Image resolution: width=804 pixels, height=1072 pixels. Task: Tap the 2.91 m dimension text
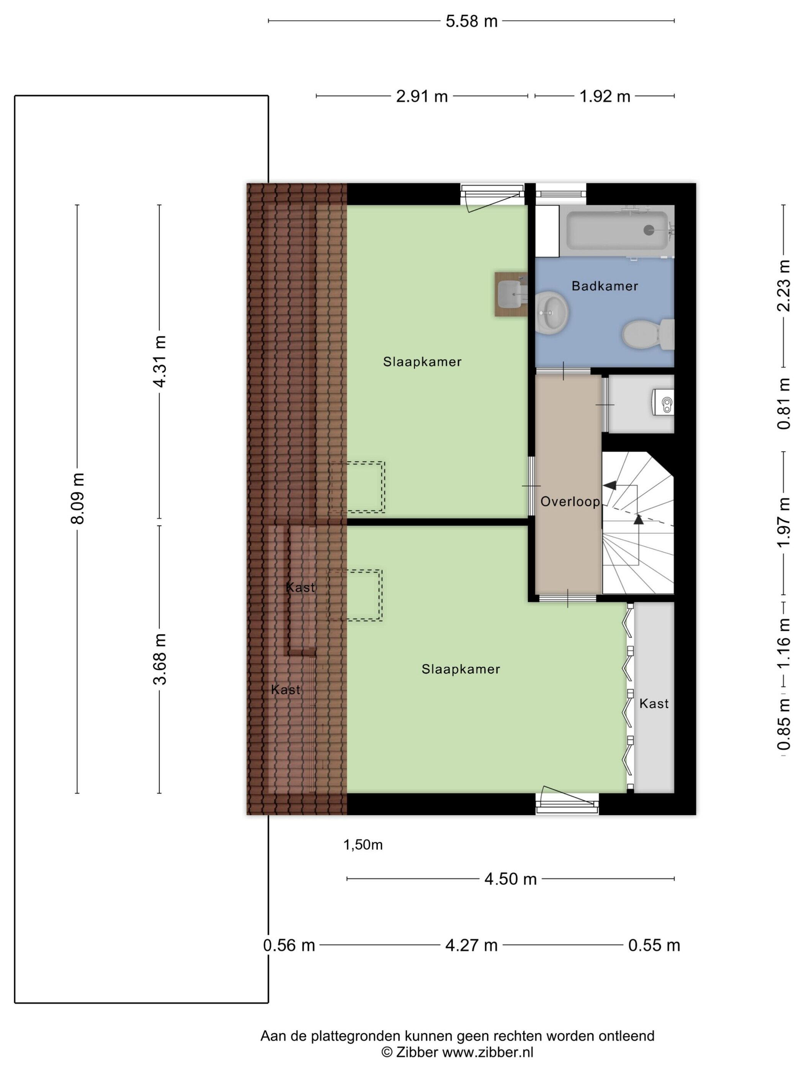coord(422,96)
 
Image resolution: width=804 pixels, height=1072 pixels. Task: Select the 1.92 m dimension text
coord(605,96)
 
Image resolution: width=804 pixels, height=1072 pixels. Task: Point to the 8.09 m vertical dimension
coord(78,498)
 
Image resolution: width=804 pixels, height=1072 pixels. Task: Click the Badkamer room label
coord(604,286)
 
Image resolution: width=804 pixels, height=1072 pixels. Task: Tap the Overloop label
coord(570,502)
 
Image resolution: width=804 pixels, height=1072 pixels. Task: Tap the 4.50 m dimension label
coord(510,879)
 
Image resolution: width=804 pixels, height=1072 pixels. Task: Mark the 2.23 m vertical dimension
coord(784,286)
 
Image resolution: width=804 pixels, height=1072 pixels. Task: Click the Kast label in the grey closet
coord(654,704)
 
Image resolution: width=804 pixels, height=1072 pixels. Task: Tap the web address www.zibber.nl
coord(488,1052)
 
